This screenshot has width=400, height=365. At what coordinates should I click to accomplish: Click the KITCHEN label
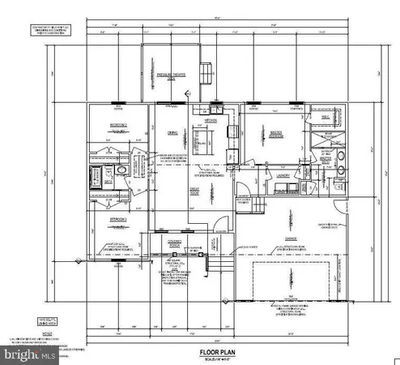210,119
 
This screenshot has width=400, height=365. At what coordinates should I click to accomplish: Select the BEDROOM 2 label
120,127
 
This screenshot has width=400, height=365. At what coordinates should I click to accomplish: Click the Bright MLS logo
24,354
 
